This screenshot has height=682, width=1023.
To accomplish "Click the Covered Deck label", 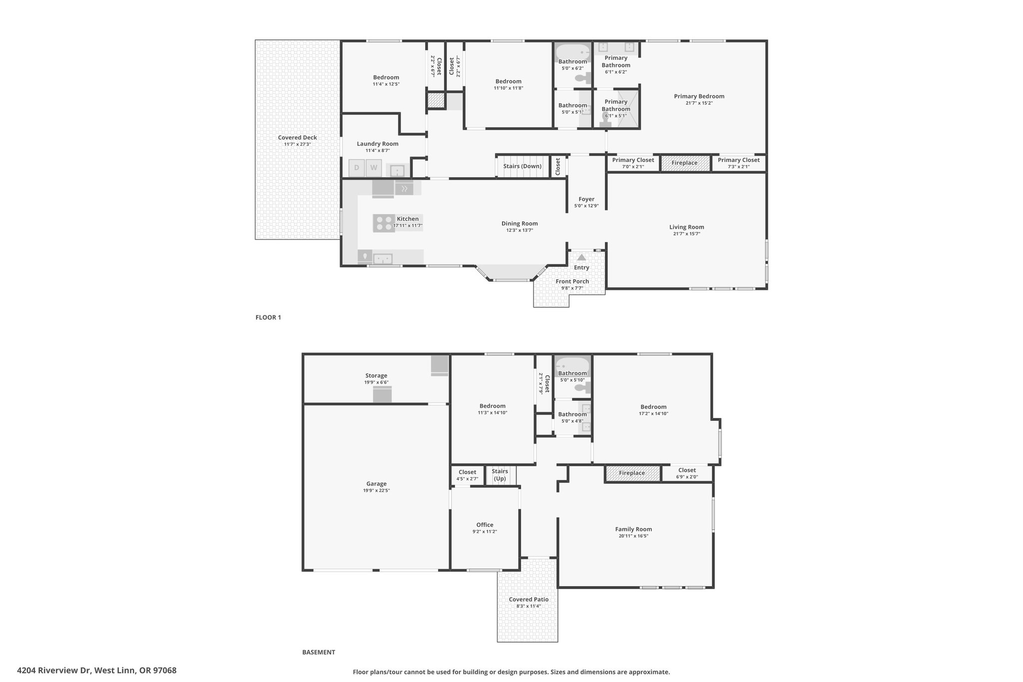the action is [x=297, y=138].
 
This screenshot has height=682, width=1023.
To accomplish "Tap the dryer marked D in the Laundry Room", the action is [x=357, y=168].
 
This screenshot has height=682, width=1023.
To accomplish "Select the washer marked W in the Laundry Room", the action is [x=374, y=168].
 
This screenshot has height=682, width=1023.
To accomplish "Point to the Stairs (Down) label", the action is [x=522, y=166].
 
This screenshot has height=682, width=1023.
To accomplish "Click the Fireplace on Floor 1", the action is [x=685, y=163].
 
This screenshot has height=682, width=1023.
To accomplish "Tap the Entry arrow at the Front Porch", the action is [x=581, y=257].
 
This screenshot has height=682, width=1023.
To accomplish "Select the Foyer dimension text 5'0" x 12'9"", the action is [x=586, y=206].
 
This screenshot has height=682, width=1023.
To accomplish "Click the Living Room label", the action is [x=687, y=227].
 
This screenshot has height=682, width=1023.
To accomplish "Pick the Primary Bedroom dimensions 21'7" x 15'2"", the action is [x=699, y=103].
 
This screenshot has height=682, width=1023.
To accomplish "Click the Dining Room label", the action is [x=519, y=223].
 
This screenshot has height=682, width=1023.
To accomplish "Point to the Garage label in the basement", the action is [x=376, y=484].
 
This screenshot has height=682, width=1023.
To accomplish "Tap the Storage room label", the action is [x=376, y=376].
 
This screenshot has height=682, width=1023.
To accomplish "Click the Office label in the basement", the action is [x=485, y=525].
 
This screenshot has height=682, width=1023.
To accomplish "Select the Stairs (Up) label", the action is [x=500, y=475].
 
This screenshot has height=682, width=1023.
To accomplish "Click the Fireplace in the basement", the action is [x=632, y=473].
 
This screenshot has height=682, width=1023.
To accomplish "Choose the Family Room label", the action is [x=633, y=529].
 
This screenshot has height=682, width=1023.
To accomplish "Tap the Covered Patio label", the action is [x=528, y=600].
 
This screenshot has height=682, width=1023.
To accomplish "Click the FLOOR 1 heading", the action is [x=268, y=317].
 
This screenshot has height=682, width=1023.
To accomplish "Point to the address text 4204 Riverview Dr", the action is [x=54, y=671].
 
